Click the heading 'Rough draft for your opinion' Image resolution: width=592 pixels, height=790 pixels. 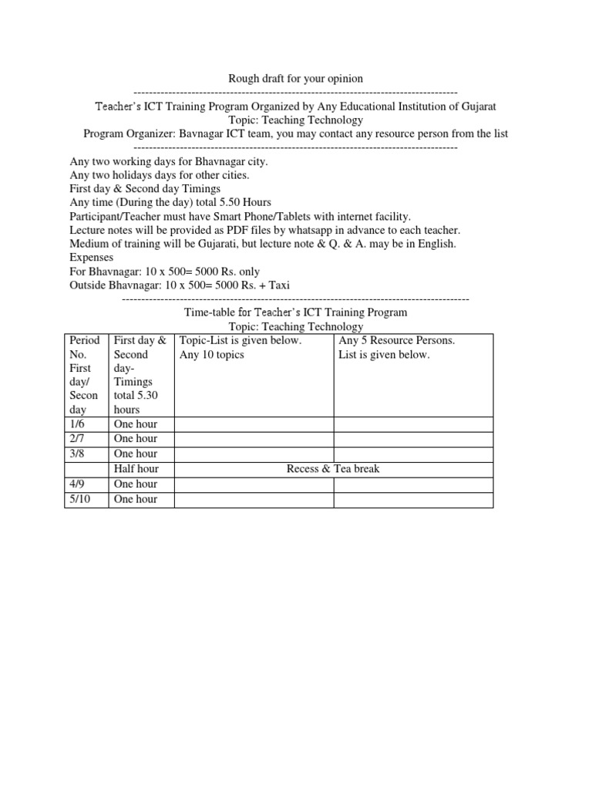295,79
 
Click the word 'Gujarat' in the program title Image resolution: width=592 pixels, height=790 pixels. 486,106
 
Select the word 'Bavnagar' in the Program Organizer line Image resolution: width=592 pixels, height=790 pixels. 202,133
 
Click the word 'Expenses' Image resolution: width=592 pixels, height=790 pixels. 91,258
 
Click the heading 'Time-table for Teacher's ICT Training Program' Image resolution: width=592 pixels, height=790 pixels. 295,312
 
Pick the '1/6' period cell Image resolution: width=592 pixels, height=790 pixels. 79,424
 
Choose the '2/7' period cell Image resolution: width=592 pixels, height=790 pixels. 79,439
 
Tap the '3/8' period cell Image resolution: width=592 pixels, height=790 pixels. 79,454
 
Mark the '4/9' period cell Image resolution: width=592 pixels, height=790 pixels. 79,484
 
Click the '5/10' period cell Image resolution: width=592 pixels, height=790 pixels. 82,499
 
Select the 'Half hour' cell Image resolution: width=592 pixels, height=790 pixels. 136,469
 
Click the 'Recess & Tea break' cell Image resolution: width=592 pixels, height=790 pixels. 333,469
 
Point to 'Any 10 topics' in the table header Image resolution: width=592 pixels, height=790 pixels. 211,355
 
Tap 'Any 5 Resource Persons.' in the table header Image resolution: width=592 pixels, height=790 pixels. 397,340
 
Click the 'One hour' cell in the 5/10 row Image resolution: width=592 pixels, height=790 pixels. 135,499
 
